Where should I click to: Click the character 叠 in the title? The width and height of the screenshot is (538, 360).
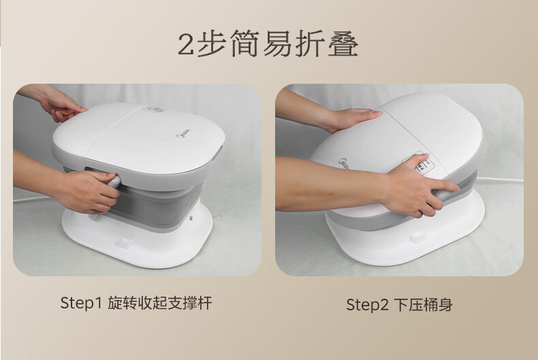[x=343, y=44]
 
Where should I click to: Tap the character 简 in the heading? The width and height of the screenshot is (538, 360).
[x=244, y=44]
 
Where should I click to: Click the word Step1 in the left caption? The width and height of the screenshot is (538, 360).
[x=81, y=303]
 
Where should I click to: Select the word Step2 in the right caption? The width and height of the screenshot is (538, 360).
[x=367, y=304]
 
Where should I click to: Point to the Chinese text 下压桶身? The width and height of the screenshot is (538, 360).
[x=423, y=304]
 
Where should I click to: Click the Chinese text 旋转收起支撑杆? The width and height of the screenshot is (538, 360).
[x=159, y=303]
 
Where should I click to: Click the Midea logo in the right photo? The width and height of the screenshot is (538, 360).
[x=344, y=164]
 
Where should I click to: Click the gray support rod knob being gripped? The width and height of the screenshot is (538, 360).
[x=114, y=182]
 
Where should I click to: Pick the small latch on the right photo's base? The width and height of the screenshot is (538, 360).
[x=417, y=237]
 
